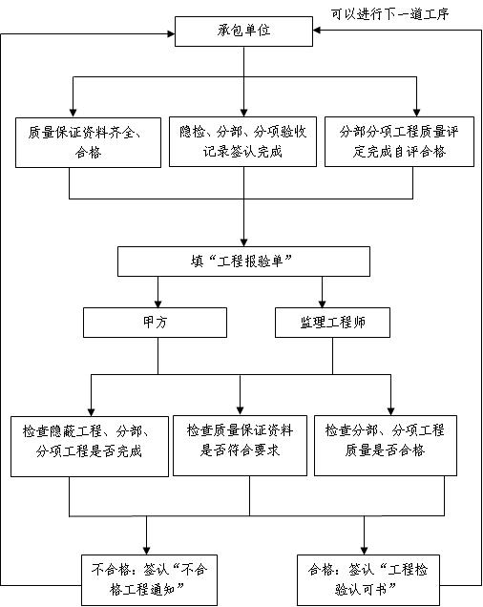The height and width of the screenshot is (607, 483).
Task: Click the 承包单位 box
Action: pos(243,31)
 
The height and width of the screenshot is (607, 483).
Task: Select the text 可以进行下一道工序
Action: pos(390,14)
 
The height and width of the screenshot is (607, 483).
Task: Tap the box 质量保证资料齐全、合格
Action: pos(89,142)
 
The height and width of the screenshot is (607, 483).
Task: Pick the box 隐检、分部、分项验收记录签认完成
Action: pos(242,141)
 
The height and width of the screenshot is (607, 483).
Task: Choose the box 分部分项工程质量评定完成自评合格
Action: pos(399,141)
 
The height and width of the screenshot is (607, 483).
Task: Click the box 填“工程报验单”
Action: pos(243,262)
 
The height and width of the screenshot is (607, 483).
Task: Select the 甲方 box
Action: pos(155,323)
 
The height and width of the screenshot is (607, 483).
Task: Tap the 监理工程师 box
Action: pos(333,323)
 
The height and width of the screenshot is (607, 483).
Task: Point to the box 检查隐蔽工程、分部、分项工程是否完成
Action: pos(90,447)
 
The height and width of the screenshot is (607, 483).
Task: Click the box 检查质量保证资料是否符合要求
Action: pos(241,446)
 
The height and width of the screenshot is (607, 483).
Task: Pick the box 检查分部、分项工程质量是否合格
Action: pos(386,446)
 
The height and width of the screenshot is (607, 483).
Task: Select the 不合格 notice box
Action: pos(149,580)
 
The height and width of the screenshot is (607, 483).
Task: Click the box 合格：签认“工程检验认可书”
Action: pos(368,580)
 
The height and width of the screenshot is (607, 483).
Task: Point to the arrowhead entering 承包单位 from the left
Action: pos(171,34)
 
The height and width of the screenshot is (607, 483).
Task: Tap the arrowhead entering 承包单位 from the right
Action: pos(317,31)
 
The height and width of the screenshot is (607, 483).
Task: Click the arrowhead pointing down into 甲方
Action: pos(158,303)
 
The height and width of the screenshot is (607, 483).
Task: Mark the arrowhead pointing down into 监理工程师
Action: pos(323,303)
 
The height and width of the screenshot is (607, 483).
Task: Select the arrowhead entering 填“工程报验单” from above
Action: pos(243,242)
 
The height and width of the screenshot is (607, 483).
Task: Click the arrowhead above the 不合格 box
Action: pos(146,551)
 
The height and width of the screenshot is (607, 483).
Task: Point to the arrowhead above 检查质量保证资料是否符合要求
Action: pos(241,411)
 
